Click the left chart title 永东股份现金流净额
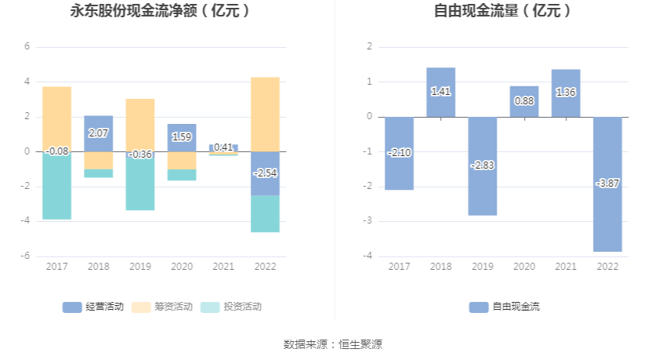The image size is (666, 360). click(161, 11)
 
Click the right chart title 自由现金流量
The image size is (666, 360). click(502, 11)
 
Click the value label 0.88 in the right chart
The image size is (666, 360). click(523, 101)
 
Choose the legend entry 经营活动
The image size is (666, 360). click(93, 307)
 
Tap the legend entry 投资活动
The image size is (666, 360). click(231, 307)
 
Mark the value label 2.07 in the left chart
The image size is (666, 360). click(99, 134)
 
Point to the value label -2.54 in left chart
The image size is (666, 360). click(265, 173)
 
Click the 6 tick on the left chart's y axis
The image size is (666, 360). click(26, 47)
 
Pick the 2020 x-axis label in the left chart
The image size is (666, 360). click(182, 267)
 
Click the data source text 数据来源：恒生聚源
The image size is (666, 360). click(333, 344)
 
